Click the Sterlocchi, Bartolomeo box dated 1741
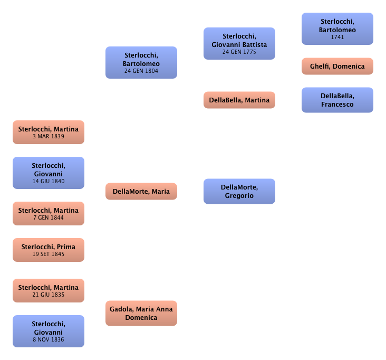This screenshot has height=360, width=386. [x=337, y=30]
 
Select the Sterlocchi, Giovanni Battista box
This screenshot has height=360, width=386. [x=240, y=43]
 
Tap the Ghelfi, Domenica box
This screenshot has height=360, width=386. [x=337, y=67]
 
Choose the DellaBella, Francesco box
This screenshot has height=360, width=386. [x=337, y=100]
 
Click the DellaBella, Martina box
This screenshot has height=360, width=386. [x=239, y=100]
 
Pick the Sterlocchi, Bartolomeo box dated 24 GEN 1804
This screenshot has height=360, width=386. [x=141, y=63]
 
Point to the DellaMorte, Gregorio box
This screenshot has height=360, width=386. [x=239, y=191]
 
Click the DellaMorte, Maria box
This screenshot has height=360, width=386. [x=141, y=191]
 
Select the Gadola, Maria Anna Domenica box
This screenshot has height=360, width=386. [x=141, y=314]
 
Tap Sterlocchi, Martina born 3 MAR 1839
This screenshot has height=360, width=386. [x=49, y=132]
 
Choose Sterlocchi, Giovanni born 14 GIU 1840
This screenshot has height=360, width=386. [x=49, y=173]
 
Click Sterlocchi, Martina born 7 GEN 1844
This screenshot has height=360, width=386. [x=49, y=214]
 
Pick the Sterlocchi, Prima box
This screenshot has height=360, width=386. [x=49, y=250]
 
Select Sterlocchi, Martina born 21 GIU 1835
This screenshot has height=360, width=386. [x=49, y=291]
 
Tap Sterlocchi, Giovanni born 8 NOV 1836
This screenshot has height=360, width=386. [x=49, y=331]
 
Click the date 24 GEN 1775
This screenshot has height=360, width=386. [x=240, y=52]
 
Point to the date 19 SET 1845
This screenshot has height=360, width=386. [x=49, y=254]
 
